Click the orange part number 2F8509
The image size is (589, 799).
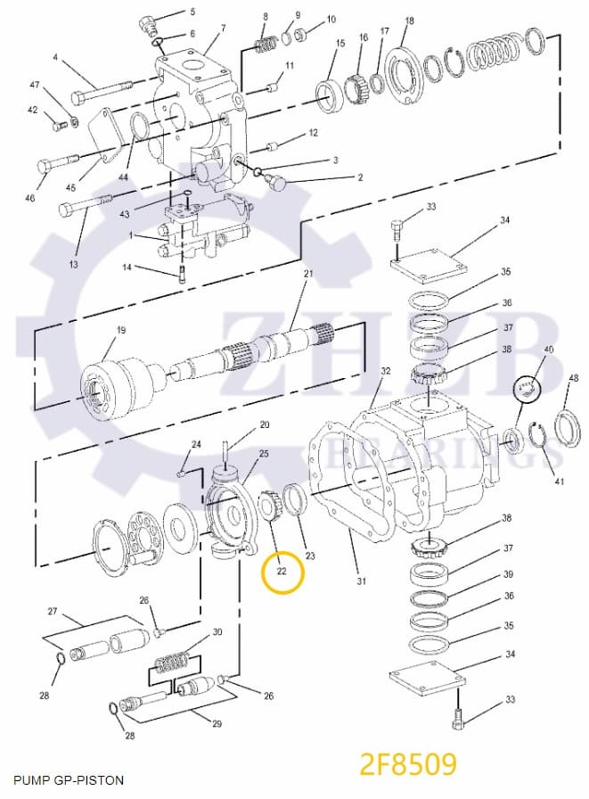click(408, 764)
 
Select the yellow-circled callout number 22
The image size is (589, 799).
click(282, 571)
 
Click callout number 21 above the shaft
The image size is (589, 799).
click(309, 273)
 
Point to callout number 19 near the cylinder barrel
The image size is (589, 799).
click(121, 331)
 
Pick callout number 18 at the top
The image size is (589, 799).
click(409, 21)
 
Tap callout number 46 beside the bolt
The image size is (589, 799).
click(30, 198)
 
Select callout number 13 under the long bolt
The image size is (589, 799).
click(73, 264)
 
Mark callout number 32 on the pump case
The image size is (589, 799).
click(385, 371)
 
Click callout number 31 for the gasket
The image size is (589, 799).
click(362, 582)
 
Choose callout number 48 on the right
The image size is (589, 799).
click(573, 378)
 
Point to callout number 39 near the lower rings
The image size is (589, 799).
click(507, 574)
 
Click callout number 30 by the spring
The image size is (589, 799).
click(217, 632)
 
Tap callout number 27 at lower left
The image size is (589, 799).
click(53, 612)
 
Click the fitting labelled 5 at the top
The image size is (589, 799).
click(146, 22)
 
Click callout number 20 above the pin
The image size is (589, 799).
click(264, 424)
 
